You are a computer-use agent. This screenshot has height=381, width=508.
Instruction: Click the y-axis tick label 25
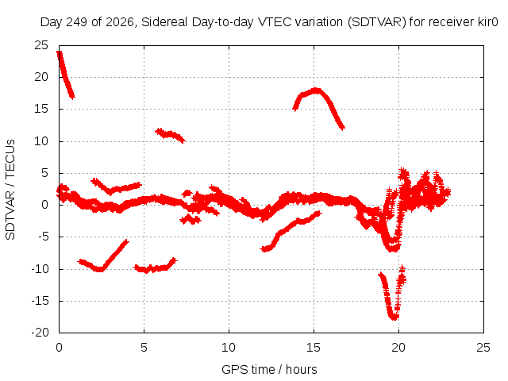click(41, 45)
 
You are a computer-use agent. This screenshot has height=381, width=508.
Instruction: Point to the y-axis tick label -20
click(40, 333)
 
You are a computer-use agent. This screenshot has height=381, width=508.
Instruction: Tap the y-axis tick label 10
click(41, 141)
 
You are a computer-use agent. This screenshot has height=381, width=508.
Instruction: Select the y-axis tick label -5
click(44, 237)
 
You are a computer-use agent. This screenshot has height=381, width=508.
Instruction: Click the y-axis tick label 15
click(41, 109)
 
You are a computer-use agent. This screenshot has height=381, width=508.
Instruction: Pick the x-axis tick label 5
click(144, 348)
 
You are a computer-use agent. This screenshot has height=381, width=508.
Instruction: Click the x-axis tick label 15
click(314, 348)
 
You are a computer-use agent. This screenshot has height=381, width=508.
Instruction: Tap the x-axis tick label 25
click(483, 348)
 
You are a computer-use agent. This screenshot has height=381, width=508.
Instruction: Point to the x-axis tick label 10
click(229, 348)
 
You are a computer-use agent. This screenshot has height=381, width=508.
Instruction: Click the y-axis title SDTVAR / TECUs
click(10, 190)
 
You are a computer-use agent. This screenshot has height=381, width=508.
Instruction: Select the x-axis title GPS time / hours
click(269, 370)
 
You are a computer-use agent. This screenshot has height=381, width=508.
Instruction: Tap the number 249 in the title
click(76, 22)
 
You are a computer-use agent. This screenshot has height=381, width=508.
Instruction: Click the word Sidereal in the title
click(164, 22)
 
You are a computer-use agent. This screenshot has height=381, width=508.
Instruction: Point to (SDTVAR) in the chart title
click(376, 22)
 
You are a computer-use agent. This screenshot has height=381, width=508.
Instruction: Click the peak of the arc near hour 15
click(316, 90)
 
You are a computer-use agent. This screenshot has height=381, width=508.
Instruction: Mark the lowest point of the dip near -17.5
click(394, 317)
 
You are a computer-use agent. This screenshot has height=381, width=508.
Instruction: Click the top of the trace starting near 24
click(60, 53)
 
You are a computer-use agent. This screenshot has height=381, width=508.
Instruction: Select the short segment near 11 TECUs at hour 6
click(170, 135)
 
